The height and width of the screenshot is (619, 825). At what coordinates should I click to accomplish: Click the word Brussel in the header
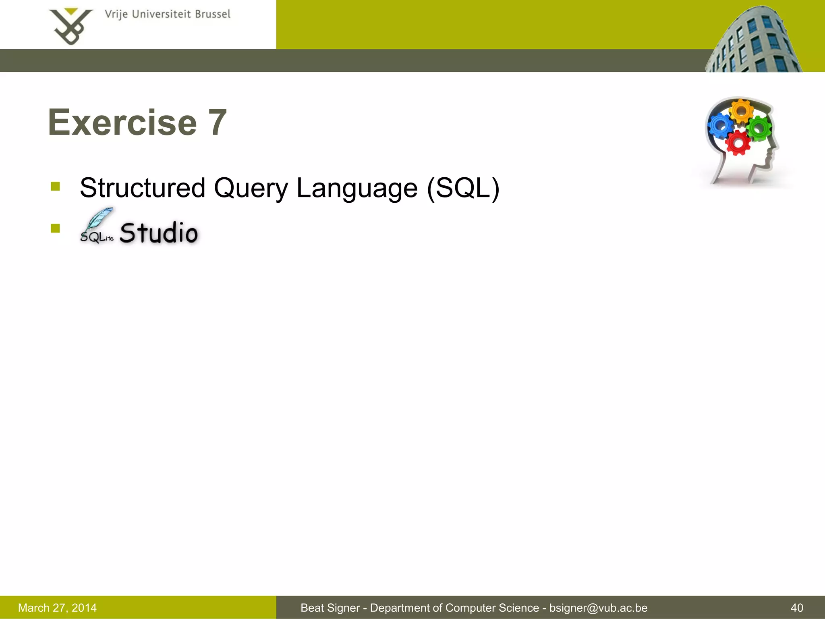(x=212, y=15)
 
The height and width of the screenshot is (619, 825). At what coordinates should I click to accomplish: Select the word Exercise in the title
(x=122, y=123)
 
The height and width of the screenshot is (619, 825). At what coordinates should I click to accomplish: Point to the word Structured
(x=143, y=188)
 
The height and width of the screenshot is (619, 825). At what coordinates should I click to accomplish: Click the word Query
(x=251, y=189)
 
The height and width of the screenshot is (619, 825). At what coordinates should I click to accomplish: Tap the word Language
(x=357, y=189)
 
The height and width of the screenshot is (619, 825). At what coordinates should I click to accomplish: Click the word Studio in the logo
(x=159, y=233)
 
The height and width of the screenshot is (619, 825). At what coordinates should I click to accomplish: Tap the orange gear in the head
(x=741, y=112)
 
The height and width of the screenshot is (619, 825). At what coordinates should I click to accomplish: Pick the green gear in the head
(x=759, y=129)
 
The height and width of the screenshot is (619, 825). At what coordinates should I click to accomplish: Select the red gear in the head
(x=738, y=143)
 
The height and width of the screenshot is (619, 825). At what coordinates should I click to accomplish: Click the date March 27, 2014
(x=57, y=608)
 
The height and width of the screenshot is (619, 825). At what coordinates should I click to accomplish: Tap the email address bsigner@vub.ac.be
(x=598, y=608)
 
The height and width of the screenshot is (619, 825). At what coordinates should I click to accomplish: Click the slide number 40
(x=797, y=608)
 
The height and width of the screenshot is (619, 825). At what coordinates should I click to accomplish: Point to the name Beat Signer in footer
(x=330, y=608)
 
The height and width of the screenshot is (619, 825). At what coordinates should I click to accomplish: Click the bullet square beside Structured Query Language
(x=55, y=186)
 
